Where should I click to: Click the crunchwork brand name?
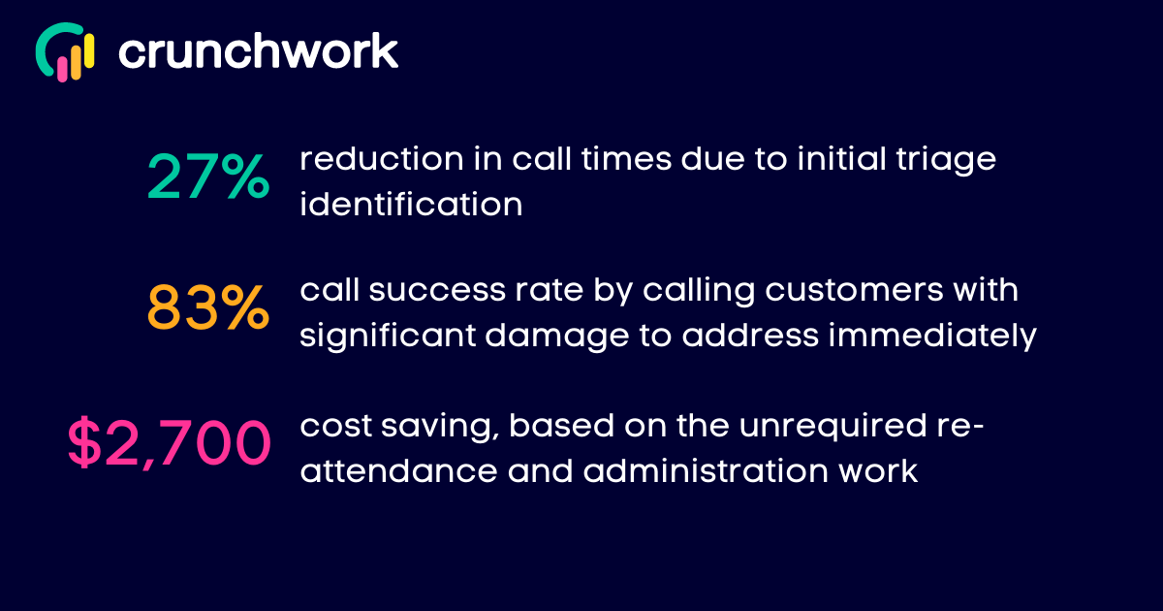click(x=258, y=50)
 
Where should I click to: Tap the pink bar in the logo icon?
click(x=62, y=69)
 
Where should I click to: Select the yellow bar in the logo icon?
click(x=89, y=50)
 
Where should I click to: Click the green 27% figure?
click(x=208, y=177)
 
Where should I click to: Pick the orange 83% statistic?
click(x=208, y=307)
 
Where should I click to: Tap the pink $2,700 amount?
click(x=170, y=443)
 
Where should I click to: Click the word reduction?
click(x=382, y=158)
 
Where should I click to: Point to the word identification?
click(x=411, y=204)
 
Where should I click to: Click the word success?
click(x=437, y=290)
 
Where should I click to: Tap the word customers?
click(x=854, y=290)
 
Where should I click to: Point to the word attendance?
click(x=398, y=470)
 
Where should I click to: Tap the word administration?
click(x=707, y=470)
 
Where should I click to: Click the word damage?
click(x=557, y=338)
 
